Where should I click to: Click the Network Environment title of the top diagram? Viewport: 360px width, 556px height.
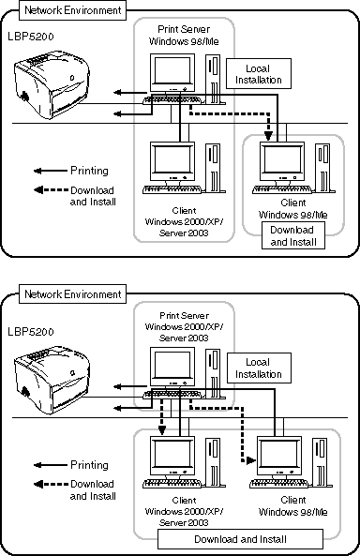point(73,10)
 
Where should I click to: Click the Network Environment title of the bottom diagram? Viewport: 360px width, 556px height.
point(73,294)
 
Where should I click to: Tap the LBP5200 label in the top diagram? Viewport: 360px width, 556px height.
point(31,37)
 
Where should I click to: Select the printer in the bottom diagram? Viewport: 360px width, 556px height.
point(52,380)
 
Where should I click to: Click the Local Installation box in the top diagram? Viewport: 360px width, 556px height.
point(259,74)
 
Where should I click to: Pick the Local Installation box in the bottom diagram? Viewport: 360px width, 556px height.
point(259,368)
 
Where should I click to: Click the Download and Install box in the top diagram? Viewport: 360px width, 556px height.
point(293,235)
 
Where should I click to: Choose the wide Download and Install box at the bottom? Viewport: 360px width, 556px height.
point(240,539)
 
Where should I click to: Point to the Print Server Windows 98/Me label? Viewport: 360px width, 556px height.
point(184,35)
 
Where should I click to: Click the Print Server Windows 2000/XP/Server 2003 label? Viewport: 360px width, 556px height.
point(184,326)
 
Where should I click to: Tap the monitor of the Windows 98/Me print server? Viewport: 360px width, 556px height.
point(172,73)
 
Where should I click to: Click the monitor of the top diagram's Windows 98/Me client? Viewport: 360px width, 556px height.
point(282,161)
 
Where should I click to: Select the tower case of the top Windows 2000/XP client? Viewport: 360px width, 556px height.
point(213,168)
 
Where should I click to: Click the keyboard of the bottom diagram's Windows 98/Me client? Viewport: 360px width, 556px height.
point(278,483)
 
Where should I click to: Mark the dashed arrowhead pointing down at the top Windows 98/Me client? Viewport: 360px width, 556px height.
point(268,135)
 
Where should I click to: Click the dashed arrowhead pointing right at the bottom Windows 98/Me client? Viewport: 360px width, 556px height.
point(251,460)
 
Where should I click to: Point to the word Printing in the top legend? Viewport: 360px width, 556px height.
point(89,171)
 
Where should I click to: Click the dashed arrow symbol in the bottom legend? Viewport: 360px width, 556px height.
point(51,484)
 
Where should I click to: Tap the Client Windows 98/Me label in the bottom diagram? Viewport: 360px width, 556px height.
point(292,506)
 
